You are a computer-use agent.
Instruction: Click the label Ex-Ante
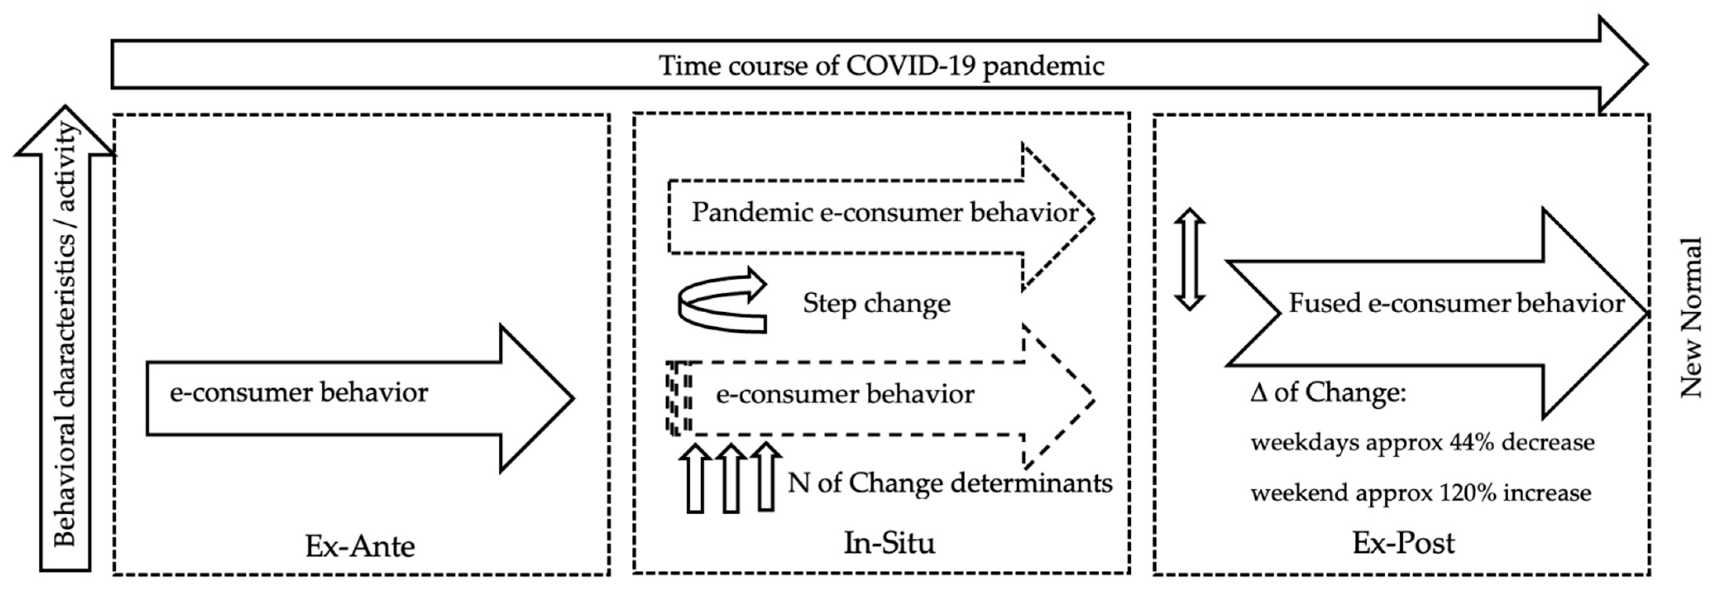click(360, 545)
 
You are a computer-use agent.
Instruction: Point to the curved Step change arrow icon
click(721, 301)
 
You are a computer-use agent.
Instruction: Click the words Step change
click(876, 303)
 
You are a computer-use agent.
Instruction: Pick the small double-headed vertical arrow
click(1190, 259)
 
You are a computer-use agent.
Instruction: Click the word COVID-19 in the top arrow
click(910, 66)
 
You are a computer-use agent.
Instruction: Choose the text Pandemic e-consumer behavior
click(885, 213)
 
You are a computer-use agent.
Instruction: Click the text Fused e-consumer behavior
click(1456, 303)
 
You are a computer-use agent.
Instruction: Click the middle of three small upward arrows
click(731, 478)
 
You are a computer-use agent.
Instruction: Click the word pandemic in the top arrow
click(1043, 66)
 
